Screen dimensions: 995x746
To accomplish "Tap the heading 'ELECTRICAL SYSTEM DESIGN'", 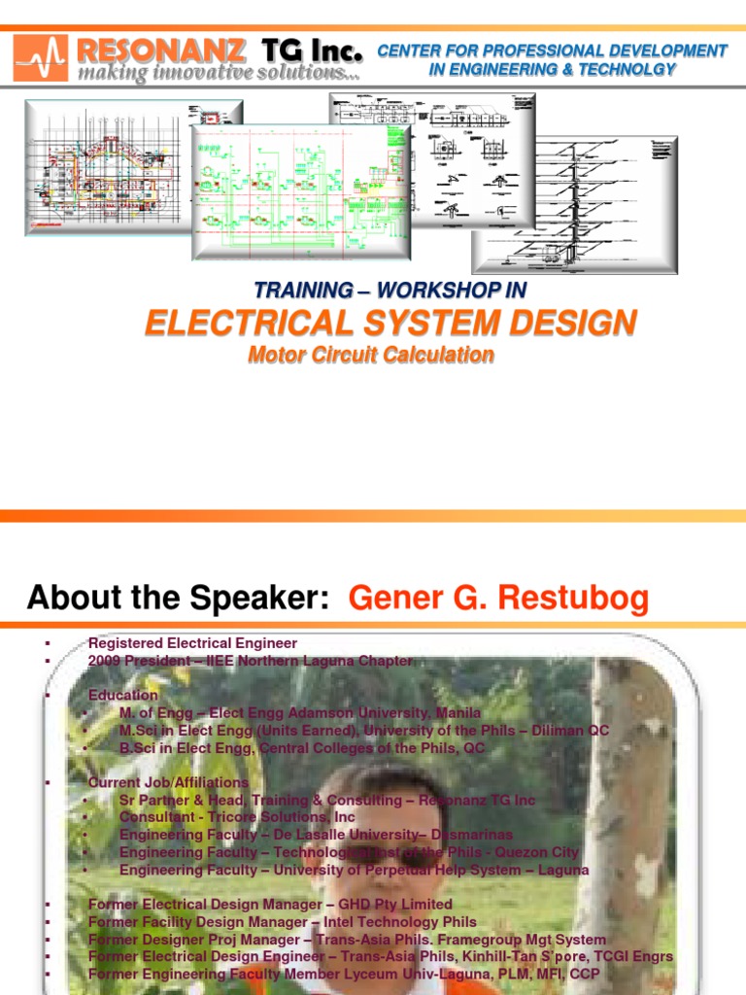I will tap(391, 323).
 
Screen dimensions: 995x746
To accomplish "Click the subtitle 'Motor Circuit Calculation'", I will tap(371, 356).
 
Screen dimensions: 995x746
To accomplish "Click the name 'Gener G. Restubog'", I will tap(498, 599).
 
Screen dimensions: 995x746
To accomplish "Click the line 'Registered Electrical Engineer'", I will tap(192, 643).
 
